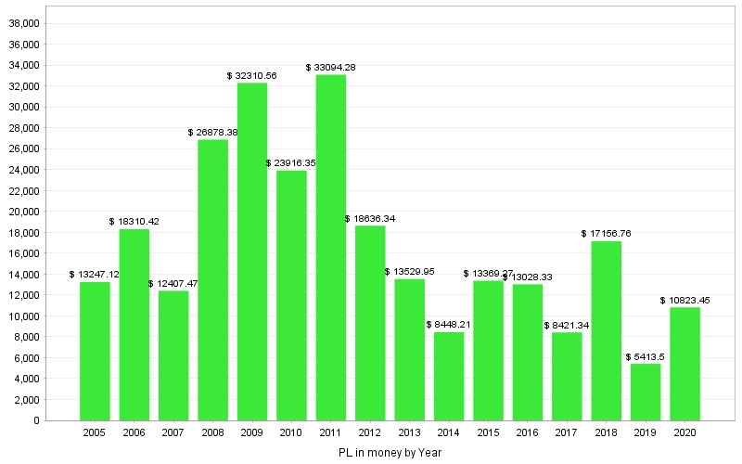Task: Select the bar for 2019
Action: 646,392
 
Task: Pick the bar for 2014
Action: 449,376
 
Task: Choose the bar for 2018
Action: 607,330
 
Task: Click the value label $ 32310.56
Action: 252,75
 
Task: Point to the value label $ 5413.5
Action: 646,356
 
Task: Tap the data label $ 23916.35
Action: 291,163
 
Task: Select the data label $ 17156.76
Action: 607,234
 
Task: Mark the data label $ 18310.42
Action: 134,222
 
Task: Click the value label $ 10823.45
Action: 685,300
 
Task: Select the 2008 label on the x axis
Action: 212,432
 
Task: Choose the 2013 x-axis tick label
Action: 409,432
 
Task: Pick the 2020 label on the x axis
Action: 685,432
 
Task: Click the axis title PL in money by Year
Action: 390,453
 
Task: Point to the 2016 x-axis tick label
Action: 528,432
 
